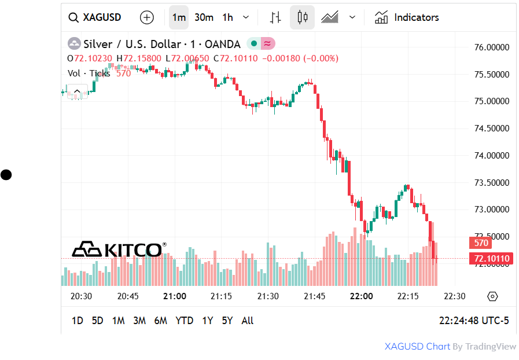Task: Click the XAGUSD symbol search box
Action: tap(95, 17)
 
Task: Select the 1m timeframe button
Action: tap(179, 17)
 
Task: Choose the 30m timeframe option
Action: tap(204, 17)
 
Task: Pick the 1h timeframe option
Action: tap(228, 17)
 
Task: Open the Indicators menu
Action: tap(407, 17)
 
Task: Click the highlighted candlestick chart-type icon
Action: tap(302, 17)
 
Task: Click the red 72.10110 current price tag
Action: tap(491, 259)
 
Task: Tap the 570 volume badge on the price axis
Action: tap(481, 243)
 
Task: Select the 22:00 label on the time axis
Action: tap(362, 296)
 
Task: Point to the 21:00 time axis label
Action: tap(175, 296)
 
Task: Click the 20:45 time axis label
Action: tap(128, 296)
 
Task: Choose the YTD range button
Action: tap(185, 321)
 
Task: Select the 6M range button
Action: tap(160, 321)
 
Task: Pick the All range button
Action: tap(247, 321)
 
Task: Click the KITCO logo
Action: tap(119, 249)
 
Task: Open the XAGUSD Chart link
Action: tap(417, 346)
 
